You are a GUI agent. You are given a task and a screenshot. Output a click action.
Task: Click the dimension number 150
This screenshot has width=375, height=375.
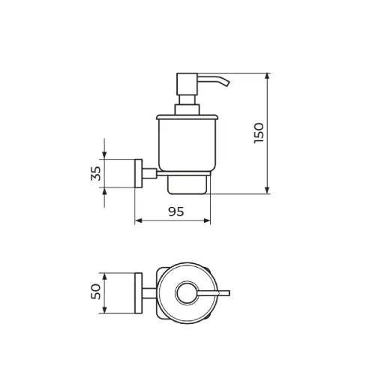259,133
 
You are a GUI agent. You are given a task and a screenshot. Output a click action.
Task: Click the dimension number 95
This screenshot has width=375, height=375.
176,211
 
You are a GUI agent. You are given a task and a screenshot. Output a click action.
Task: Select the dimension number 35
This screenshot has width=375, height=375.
96,173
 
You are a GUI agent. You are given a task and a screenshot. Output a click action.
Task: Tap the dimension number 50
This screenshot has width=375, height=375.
96,292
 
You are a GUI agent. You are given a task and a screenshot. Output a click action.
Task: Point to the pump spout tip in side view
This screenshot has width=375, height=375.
226,83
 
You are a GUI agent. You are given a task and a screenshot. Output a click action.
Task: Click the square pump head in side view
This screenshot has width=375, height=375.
187,84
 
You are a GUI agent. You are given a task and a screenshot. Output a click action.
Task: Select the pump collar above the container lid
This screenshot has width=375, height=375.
187,109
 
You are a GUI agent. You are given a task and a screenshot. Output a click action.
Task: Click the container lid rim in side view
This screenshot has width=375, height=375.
187,117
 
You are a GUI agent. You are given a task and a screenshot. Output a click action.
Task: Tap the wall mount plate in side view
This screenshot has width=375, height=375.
139,173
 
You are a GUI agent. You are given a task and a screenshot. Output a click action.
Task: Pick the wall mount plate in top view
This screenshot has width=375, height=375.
139,293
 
